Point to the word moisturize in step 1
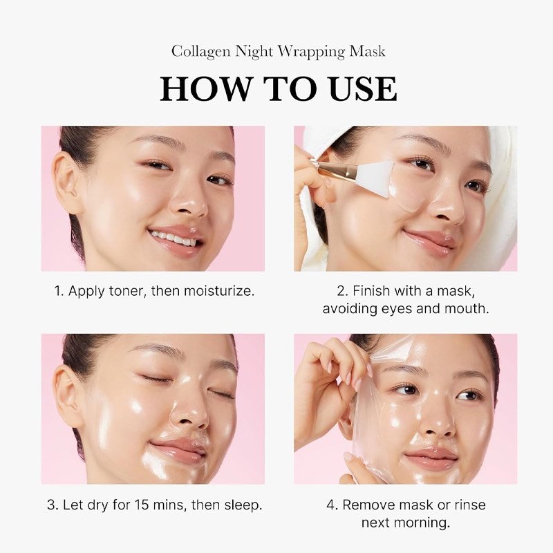pos(220,291)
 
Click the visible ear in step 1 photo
pos(67,176)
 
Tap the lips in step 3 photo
pos(178,451)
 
